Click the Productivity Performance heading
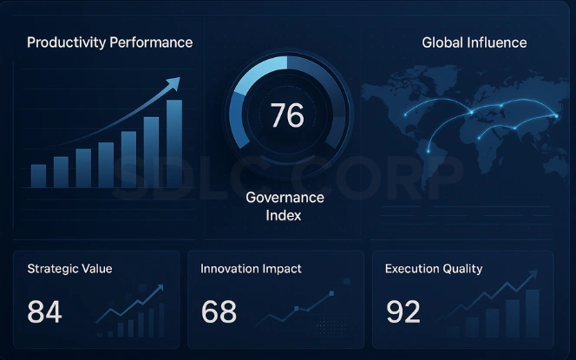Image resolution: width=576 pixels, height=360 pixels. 109,43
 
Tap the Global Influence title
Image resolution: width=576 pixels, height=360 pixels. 474,43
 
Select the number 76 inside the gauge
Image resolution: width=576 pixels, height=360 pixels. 286,115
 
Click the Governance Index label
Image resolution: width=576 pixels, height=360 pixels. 284,206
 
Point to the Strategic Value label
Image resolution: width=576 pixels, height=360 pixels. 69,269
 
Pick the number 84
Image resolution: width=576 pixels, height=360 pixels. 44,311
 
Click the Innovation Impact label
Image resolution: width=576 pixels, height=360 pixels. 251,269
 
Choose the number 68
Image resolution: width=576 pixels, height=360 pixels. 219,311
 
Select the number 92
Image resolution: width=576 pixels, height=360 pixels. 403,311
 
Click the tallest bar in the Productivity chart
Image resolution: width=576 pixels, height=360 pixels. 174,143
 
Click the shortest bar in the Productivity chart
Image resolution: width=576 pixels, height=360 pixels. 39,176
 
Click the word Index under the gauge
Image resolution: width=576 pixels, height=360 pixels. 284,215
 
